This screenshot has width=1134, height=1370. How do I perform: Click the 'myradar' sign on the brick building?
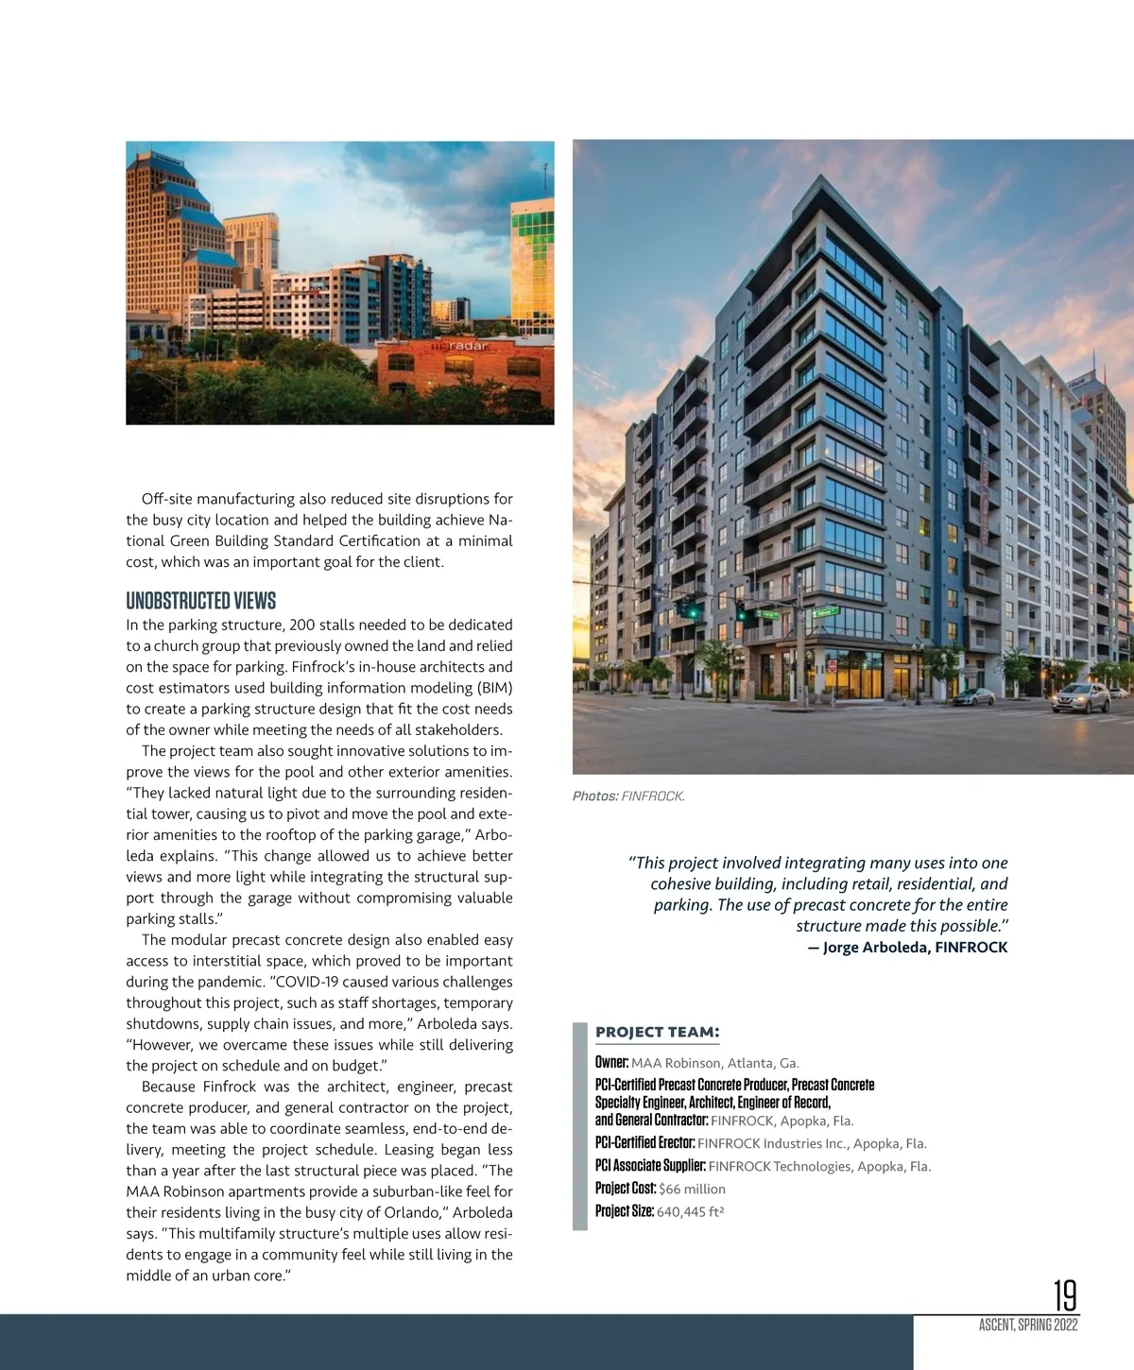[x=460, y=346]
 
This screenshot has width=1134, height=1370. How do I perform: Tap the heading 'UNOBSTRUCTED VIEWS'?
[x=200, y=601]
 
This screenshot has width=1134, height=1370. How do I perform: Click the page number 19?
[x=1065, y=1294]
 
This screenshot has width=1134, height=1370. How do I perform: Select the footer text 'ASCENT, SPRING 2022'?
[x=1028, y=1325]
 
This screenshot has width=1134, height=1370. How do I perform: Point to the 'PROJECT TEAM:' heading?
[x=657, y=1032]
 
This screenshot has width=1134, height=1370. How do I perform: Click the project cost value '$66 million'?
[x=692, y=1189]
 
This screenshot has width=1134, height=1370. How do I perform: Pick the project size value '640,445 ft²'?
[x=690, y=1211]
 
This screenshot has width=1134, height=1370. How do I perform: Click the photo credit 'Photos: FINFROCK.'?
[x=628, y=796]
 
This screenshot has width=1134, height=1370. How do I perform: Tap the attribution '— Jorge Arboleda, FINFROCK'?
[x=907, y=947]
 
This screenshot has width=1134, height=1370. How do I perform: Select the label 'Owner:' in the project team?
[x=611, y=1063]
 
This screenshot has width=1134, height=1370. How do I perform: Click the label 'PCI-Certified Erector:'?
[x=644, y=1143]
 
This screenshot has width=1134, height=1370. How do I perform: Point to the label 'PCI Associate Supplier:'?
[x=650, y=1166]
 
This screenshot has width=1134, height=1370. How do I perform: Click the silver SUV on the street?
[x=1080, y=699]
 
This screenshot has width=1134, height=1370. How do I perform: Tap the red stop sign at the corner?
[x=833, y=665]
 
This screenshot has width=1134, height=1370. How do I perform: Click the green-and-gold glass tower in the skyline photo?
[x=531, y=265]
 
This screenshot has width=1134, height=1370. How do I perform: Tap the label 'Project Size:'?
[x=624, y=1211]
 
